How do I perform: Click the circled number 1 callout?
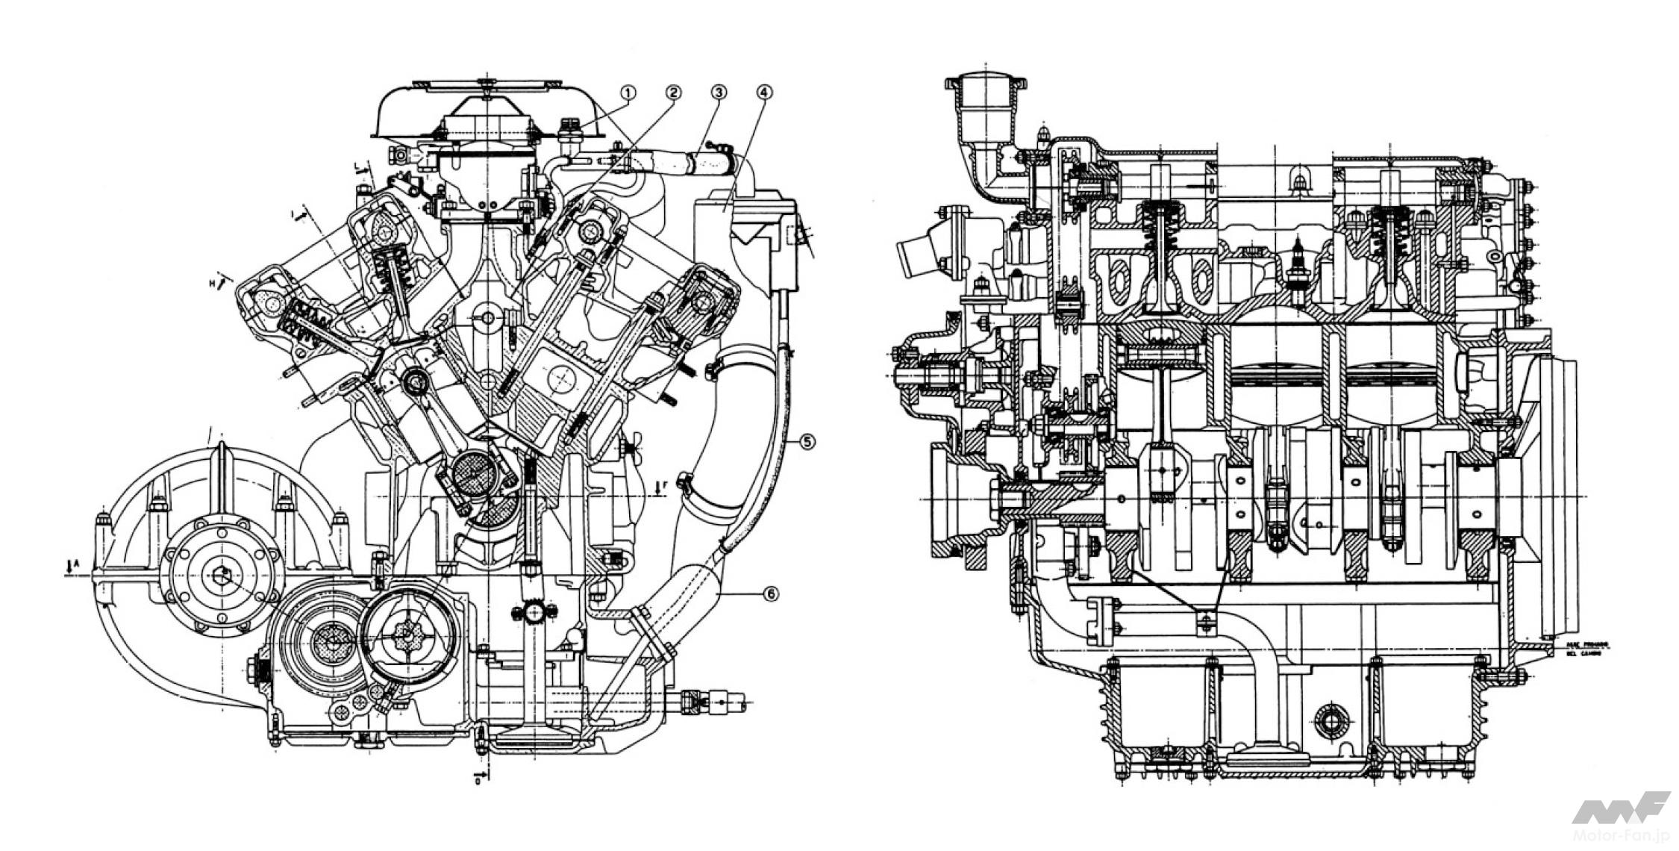pyautogui.click(x=628, y=93)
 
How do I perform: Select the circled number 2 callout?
pyautogui.click(x=673, y=93)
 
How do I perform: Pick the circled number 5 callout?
pyautogui.click(x=807, y=442)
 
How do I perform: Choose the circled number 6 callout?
pyautogui.click(x=770, y=594)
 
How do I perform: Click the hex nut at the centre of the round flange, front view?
pyautogui.click(x=222, y=573)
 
